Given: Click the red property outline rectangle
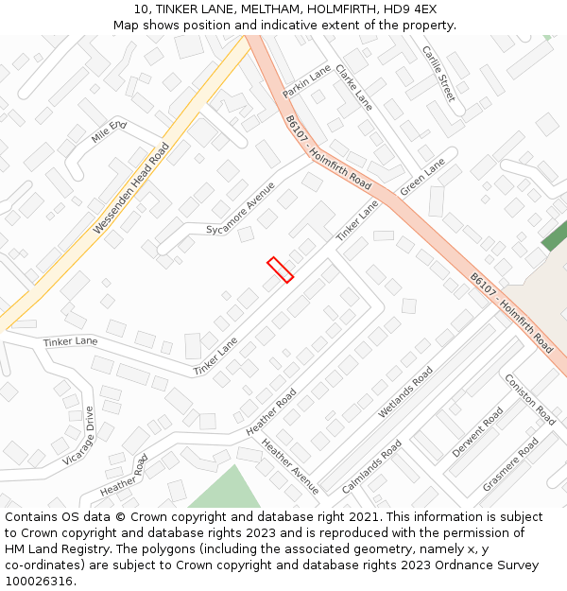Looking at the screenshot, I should (280, 269).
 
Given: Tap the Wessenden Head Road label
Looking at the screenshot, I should (131, 189).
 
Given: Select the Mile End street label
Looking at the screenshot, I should (109, 131).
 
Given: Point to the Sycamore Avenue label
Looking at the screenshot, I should (241, 209).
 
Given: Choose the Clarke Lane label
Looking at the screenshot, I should (353, 87).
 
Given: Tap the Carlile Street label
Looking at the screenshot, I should (438, 73).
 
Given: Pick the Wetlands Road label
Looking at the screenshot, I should (405, 391).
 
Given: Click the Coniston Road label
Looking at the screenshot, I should (529, 398).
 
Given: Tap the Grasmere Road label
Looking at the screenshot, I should (510, 464).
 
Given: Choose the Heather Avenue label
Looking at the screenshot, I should (290, 466).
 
